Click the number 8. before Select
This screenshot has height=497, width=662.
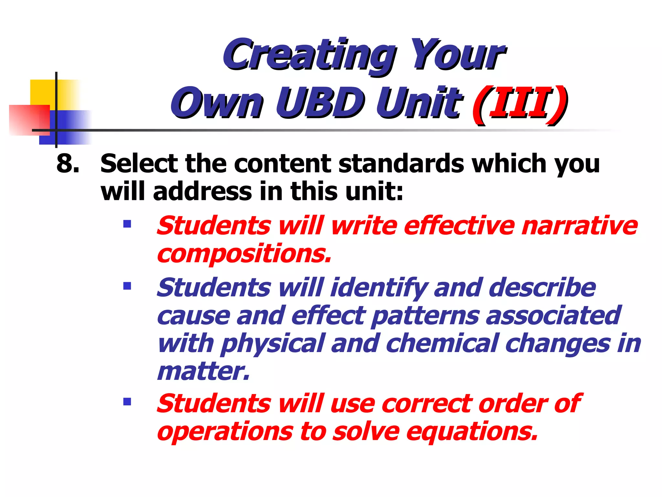click(x=68, y=163)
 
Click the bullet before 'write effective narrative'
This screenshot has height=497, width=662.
click(x=127, y=224)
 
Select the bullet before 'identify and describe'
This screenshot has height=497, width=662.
click(x=127, y=286)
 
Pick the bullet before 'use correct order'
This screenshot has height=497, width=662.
click(x=127, y=402)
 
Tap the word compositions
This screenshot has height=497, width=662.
click(x=244, y=254)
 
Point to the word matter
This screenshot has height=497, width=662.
click(x=203, y=371)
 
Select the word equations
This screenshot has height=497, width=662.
click(x=472, y=432)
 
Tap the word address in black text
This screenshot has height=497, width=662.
click(x=202, y=192)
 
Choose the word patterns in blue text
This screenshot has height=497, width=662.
click(x=425, y=316)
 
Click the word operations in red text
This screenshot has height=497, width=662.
click(x=225, y=432)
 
